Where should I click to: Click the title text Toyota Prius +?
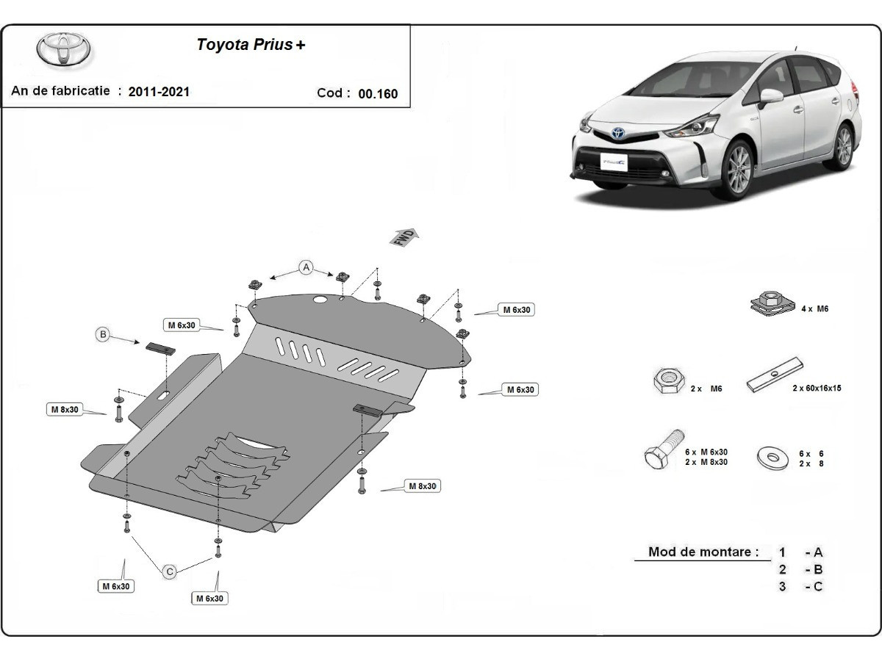251,44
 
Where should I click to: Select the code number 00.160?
378,93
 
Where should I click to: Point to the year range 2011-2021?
159,92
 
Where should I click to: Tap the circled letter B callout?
104,335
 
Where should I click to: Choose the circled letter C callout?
170,571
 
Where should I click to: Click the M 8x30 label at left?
65,409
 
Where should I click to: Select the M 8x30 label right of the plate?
422,486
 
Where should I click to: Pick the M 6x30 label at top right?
517,310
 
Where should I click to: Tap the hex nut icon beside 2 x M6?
666,380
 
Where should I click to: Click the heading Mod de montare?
703,552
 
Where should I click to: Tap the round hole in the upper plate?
320,300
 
